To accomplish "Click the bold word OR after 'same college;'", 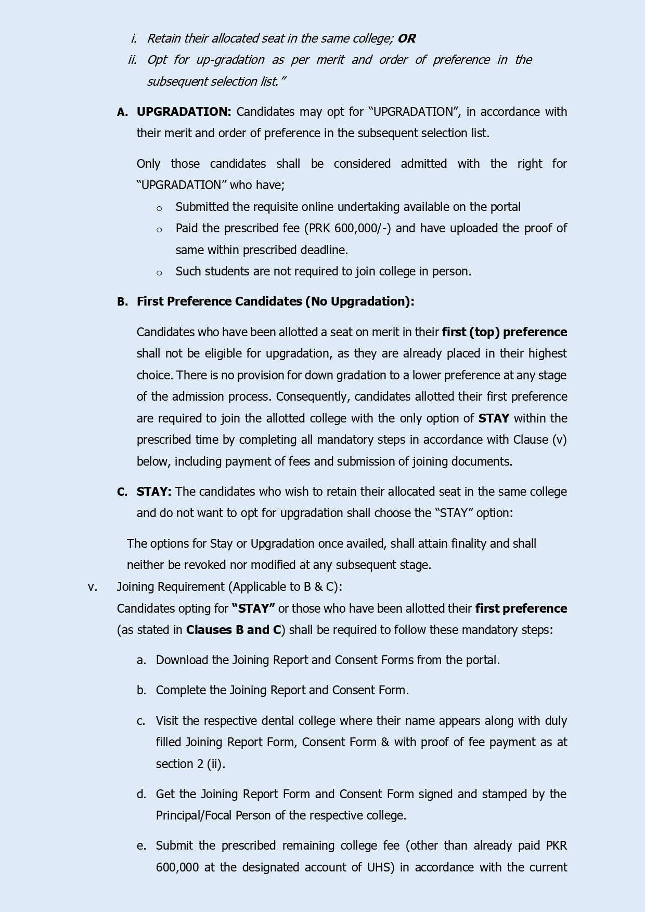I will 406,38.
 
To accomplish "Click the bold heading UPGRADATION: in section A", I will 184,112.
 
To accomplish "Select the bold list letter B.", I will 122,302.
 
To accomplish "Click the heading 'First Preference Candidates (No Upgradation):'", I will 275,301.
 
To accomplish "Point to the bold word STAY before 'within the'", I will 493,418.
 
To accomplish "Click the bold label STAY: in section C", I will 154,492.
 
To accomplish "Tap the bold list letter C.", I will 122,492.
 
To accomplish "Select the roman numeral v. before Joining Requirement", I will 93,587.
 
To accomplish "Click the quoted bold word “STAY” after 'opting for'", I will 253,609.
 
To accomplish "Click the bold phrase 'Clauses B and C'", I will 234,630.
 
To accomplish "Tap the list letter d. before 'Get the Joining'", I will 141,794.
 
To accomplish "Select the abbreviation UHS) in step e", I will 386,867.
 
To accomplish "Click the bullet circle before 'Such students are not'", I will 159,273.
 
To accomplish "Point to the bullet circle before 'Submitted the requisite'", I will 159,208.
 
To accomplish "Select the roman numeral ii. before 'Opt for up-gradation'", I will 133,60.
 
